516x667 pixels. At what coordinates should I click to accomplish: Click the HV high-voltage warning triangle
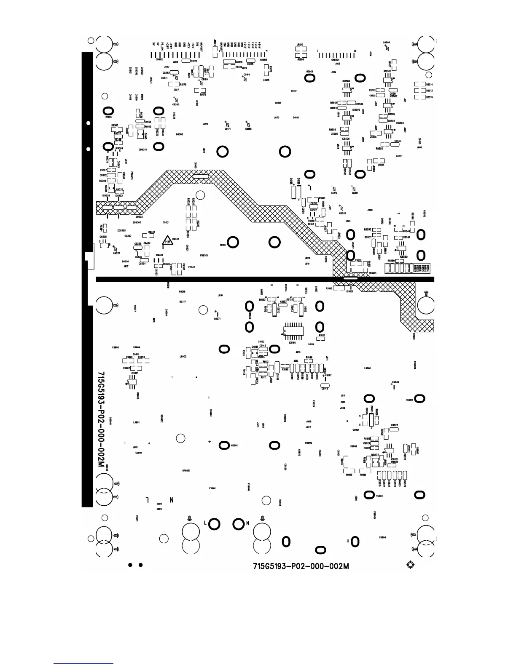click(x=169, y=241)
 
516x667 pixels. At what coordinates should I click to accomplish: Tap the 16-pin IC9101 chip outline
click(x=292, y=331)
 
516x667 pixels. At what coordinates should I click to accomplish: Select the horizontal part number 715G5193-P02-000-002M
click(x=301, y=566)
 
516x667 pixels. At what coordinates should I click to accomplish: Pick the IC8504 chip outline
click(x=347, y=89)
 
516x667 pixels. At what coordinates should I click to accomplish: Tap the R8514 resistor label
click(x=429, y=85)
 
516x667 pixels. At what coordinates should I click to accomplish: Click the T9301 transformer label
click(x=166, y=222)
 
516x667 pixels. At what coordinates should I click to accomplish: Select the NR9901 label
click(x=186, y=471)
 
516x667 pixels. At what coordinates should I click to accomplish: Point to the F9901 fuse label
click(x=212, y=488)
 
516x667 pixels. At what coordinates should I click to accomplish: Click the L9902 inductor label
click(x=183, y=357)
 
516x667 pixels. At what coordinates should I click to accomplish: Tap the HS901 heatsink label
click(x=235, y=445)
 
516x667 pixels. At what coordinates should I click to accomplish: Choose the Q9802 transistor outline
click(x=374, y=461)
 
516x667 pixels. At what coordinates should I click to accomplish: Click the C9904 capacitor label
click(x=382, y=537)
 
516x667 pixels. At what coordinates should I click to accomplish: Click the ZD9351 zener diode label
click(x=142, y=149)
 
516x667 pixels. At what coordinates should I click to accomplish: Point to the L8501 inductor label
click(x=399, y=156)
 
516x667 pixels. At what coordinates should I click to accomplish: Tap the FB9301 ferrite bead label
click(x=204, y=255)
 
